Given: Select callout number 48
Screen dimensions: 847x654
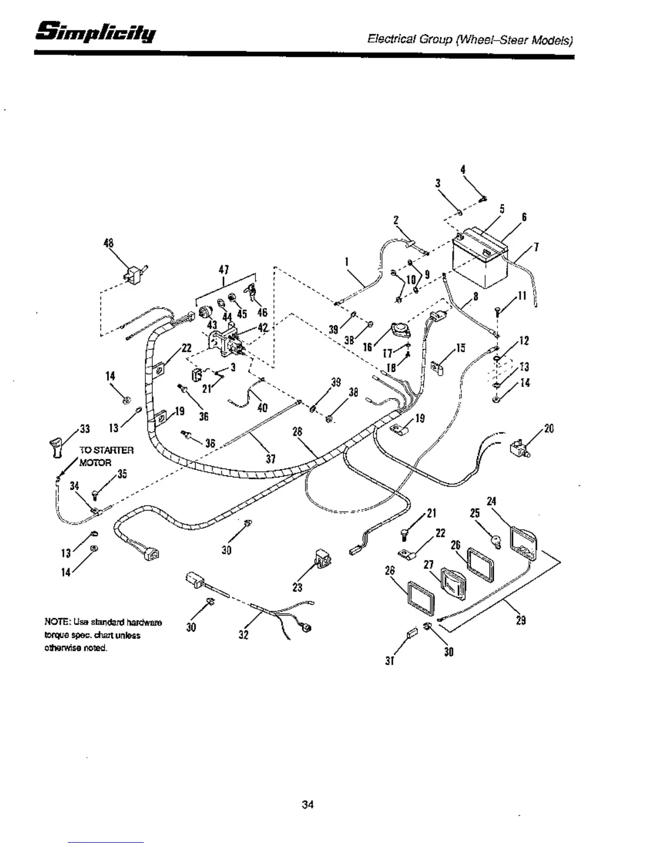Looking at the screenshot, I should pos(108,243).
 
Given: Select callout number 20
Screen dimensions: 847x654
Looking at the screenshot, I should pos(549,428).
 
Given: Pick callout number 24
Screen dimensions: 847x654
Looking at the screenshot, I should pos(492,501).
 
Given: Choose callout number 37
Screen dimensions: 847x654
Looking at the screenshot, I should pos(271,459).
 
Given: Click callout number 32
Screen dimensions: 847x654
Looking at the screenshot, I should pos(244,636).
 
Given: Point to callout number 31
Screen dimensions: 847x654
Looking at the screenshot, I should pos(390,661).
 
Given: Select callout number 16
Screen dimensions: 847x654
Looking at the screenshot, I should pos(367,347).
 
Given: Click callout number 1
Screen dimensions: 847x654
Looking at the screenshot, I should pos(347,262).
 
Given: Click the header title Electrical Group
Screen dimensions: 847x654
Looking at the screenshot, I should pos(408,40).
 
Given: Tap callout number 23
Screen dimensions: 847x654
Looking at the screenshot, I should pos(298,587).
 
